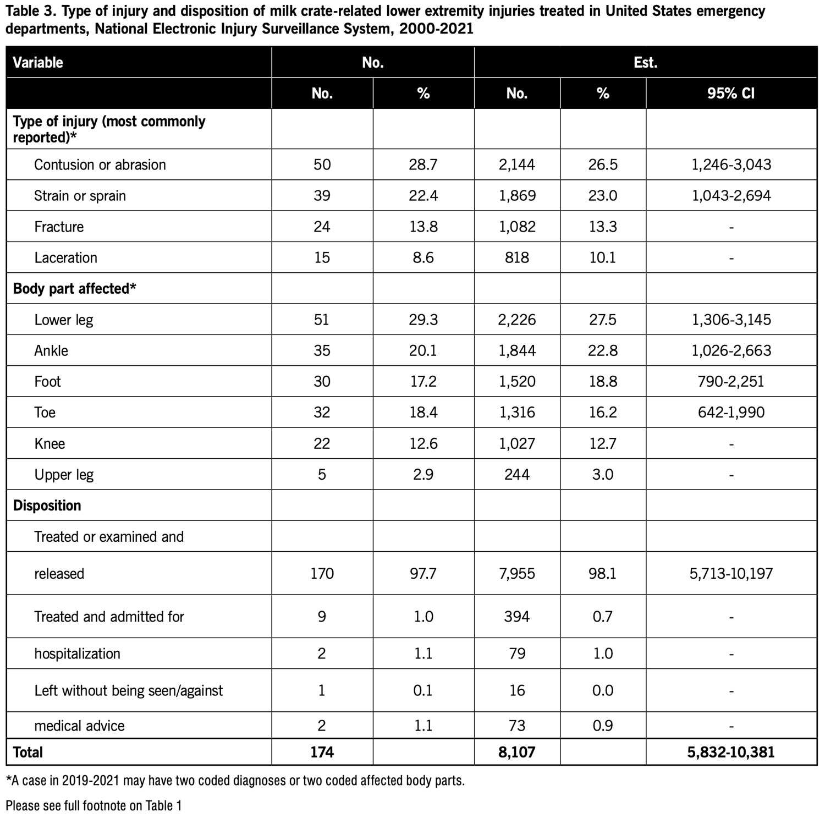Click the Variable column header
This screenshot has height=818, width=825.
[38, 62]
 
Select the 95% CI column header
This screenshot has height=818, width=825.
[731, 93]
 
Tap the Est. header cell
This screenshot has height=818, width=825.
[645, 62]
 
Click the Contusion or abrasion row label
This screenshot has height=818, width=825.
[100, 164]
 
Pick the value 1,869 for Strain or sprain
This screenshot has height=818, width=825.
[517, 195]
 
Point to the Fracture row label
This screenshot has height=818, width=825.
[59, 227]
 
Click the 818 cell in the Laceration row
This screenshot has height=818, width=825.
[517, 257]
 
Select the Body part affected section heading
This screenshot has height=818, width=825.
[74, 288]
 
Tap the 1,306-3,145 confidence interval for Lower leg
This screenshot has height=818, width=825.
[731, 320]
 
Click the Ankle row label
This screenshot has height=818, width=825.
[51, 350]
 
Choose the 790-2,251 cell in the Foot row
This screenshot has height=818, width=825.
[731, 381]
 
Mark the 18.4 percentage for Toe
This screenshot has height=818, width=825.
[423, 412]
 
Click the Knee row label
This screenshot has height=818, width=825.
[50, 443]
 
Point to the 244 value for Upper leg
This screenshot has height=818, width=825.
[517, 474]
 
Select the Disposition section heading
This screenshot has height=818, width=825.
[47, 505]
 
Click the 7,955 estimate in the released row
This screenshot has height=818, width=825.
[517, 573]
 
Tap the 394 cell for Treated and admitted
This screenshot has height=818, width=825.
[517, 616]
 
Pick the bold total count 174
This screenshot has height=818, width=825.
[322, 752]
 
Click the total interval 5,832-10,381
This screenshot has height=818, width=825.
[731, 752]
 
